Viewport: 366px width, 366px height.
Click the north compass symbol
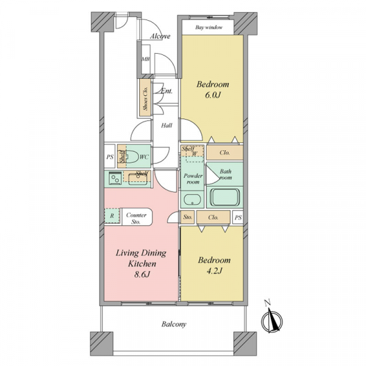coord(271,320)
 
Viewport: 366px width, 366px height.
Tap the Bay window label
coord(209,27)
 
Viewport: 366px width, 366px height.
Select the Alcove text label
coord(160,36)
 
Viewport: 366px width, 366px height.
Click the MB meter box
coord(146,59)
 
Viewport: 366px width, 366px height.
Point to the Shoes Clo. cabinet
coord(145,98)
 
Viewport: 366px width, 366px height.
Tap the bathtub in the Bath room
coord(224,197)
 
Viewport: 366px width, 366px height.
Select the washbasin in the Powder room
coord(192,199)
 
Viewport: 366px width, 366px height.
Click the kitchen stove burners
coord(115,178)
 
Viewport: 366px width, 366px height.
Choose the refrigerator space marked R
coord(112,216)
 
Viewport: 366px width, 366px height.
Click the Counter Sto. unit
coord(137,217)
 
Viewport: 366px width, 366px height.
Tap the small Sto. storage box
coord(187,217)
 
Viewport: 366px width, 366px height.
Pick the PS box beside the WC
coord(110,156)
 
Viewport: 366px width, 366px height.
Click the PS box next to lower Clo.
coord(238,218)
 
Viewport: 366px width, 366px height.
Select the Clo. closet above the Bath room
coord(224,152)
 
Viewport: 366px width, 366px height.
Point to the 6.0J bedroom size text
coord(213,95)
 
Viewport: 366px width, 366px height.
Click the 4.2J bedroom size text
coord(214,271)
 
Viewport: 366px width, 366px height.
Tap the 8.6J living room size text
coord(142,274)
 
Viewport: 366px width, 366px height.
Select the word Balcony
coord(174,325)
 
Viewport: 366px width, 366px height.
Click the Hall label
coord(167,126)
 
